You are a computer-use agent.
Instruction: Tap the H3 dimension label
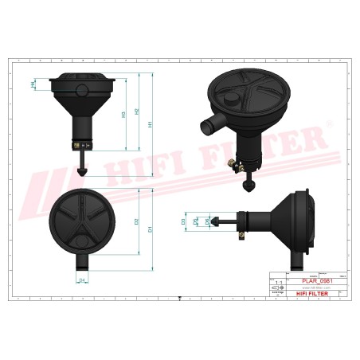123,114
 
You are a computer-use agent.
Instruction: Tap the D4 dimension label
82,280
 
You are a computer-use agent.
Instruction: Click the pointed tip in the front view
82,173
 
